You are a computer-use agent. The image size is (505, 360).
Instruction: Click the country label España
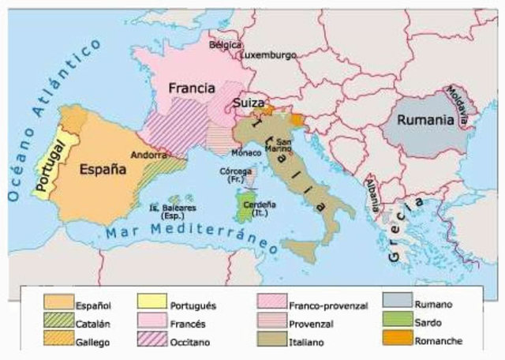coord(103,168)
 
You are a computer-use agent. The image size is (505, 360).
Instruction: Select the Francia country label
coord(193,89)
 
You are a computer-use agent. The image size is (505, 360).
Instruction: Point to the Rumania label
coord(425,121)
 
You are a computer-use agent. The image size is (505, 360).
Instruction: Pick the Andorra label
coord(148,156)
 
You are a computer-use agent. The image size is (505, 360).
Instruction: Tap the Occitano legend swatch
coord(152,341)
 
